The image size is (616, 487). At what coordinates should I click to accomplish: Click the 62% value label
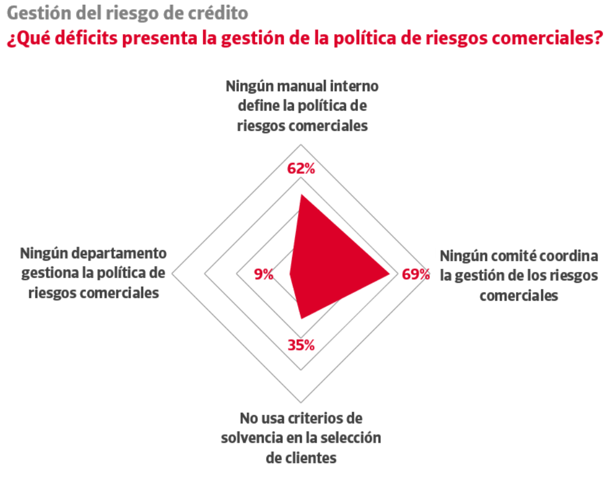pyautogui.click(x=301, y=169)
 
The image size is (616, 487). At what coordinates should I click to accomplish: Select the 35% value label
pyautogui.click(x=301, y=345)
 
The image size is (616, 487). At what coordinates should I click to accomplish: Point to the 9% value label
pyautogui.click(x=263, y=275)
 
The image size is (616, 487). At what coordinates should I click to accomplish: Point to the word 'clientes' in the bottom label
pyautogui.click(x=311, y=458)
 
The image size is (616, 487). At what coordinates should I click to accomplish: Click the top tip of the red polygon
pyautogui.click(x=301, y=195)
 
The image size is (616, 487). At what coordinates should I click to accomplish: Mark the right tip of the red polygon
pyautogui.click(x=390, y=274)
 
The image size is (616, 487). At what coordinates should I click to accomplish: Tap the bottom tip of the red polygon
pyautogui.click(x=301, y=319)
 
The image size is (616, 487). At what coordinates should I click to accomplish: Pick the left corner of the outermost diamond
pyautogui.click(x=172, y=274)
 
